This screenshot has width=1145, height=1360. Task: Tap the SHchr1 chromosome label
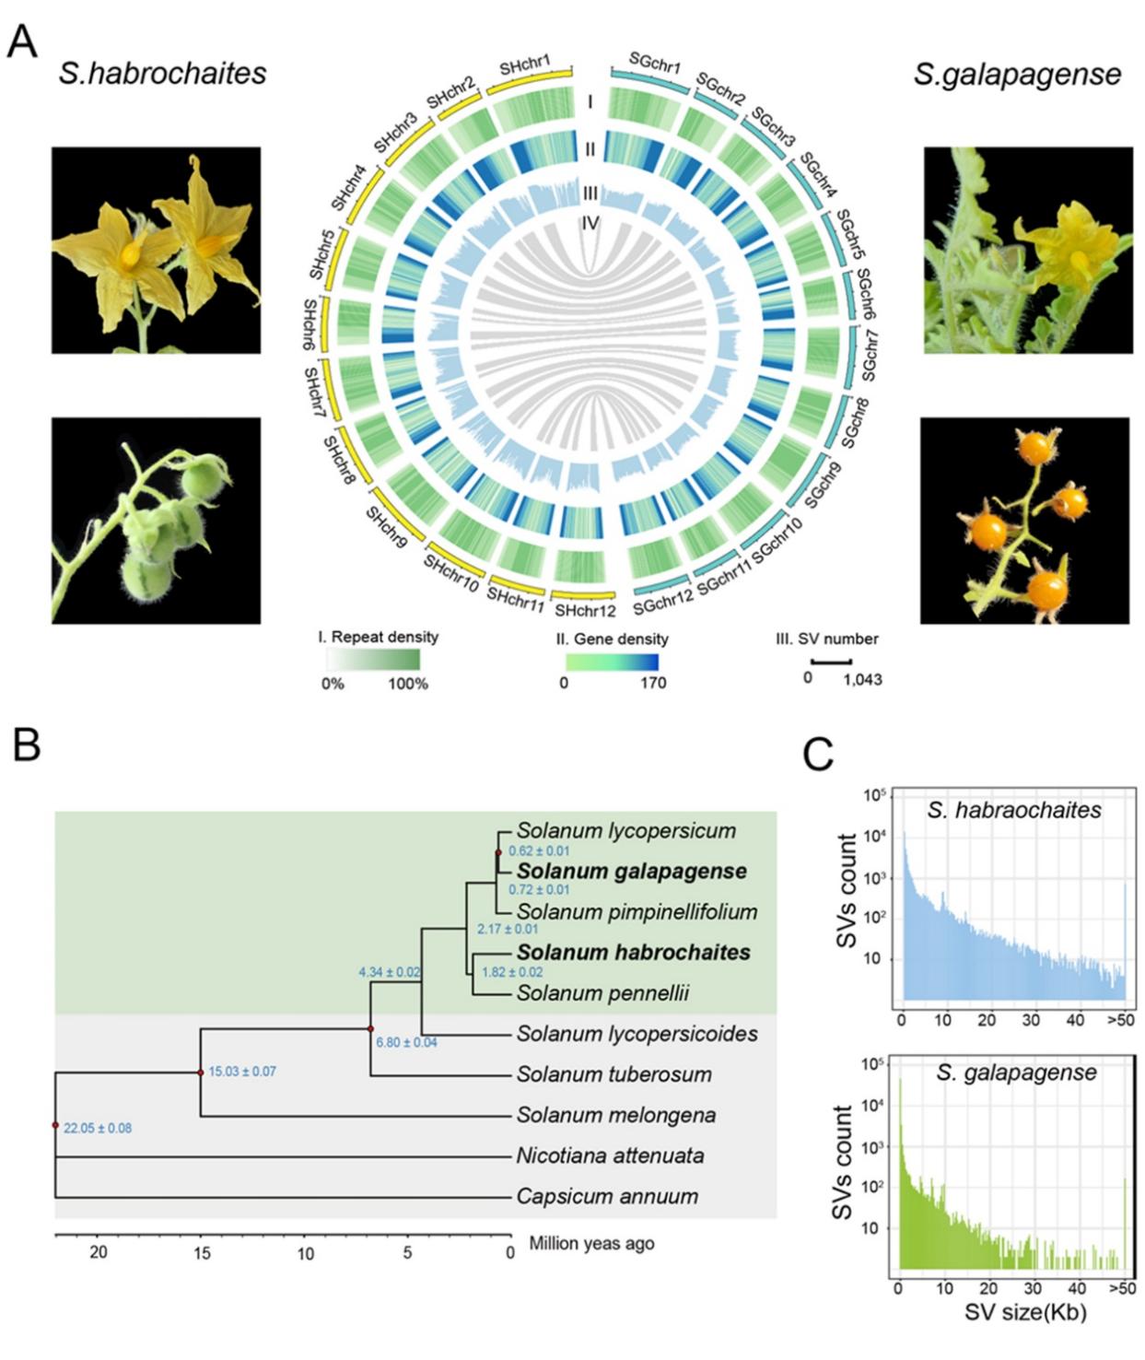[x=525, y=66]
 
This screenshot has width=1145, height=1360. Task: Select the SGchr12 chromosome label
[x=662, y=602]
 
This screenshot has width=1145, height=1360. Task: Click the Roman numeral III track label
[x=590, y=193]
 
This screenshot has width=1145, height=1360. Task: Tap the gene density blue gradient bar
[x=612, y=662]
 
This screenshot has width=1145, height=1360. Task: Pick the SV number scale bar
[x=831, y=662]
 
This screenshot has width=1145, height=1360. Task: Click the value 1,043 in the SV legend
[x=863, y=680]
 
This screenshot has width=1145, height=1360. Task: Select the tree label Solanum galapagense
[x=631, y=871]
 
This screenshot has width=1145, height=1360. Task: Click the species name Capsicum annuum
[x=607, y=1196]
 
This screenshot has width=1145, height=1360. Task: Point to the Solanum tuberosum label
[x=613, y=1074]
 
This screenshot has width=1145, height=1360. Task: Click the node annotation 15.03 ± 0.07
[x=242, y=1072]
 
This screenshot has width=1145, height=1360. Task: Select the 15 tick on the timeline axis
[x=201, y=1253]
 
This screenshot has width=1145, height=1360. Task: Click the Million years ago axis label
[x=591, y=1243]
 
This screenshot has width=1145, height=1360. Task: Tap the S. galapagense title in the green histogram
[x=1016, y=1073]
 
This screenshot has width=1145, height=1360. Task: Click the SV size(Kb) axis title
[x=1025, y=1312]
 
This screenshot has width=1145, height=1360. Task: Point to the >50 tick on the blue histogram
[x=1121, y=1020]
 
